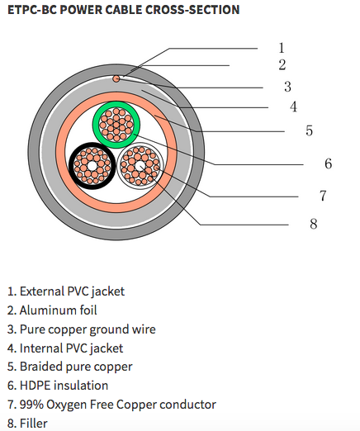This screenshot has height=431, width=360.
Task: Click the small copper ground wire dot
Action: (x=116, y=79)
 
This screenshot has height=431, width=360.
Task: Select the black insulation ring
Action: (x=72, y=166)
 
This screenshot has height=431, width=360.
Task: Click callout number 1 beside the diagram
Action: (x=282, y=48)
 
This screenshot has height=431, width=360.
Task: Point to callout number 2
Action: (x=282, y=65)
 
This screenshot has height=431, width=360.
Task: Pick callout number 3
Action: (x=287, y=87)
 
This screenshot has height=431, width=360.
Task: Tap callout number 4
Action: (x=293, y=107)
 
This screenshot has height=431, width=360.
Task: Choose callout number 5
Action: (x=309, y=130)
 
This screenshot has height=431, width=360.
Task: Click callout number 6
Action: (x=328, y=163)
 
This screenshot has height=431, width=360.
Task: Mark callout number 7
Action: (x=323, y=196)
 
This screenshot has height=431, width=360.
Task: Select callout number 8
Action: (x=314, y=224)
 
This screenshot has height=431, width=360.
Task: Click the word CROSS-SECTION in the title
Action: (x=192, y=10)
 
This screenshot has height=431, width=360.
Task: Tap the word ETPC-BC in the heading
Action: (x=32, y=10)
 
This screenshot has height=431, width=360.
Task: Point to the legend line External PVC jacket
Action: (x=66, y=291)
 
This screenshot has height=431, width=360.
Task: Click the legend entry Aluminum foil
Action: (x=52, y=310)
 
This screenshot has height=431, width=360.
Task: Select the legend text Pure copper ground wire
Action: (x=82, y=329)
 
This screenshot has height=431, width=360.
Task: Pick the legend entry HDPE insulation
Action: (x=58, y=386)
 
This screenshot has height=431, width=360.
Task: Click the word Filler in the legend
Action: (x=34, y=423)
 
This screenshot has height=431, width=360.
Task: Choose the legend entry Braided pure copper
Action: (x=70, y=367)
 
